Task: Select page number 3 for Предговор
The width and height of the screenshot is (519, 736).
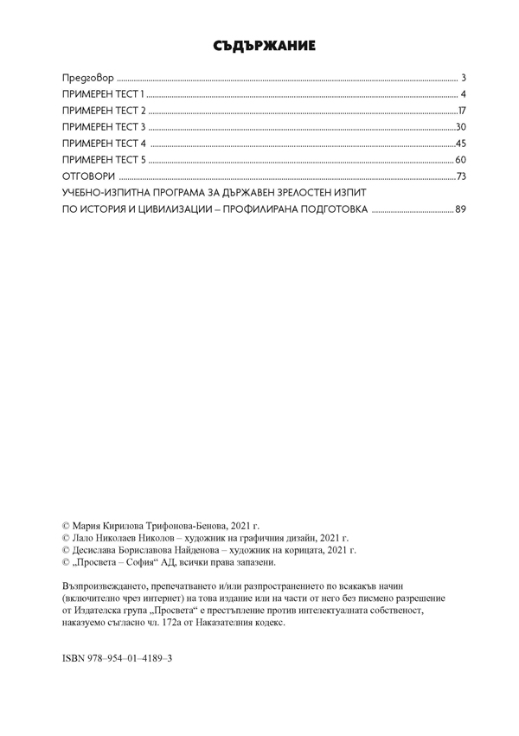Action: click(x=465, y=77)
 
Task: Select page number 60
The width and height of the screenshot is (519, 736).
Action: click(x=461, y=160)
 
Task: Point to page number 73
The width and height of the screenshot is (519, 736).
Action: click(x=461, y=176)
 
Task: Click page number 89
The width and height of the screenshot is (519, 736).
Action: click(x=460, y=209)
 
